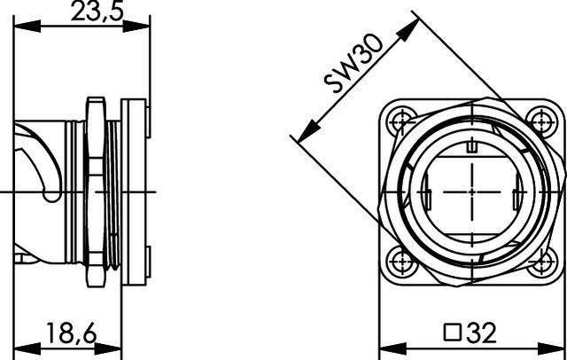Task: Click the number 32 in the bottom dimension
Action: point(482,334)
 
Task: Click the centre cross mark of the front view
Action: point(472,191)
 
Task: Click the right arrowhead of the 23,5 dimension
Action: point(142,26)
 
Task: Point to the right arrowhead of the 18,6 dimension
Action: point(117,348)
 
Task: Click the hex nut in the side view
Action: point(92,191)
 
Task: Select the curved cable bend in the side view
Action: point(35,160)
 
